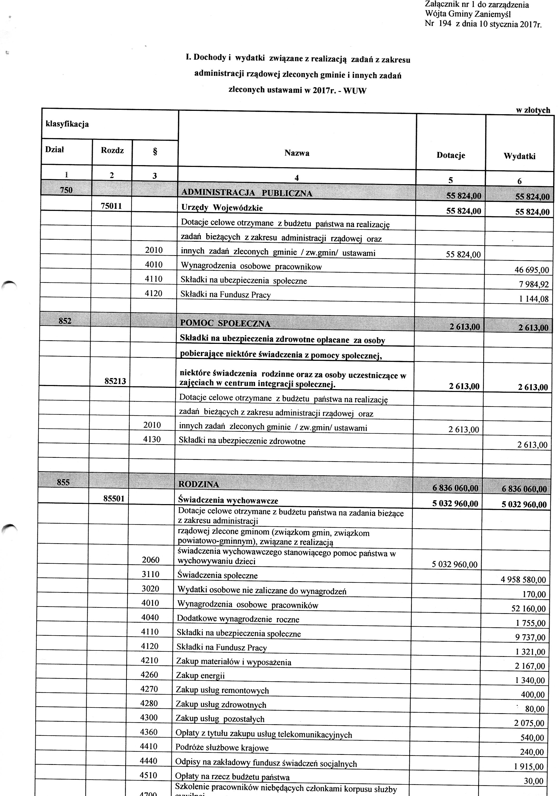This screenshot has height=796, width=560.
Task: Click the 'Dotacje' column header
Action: (450, 155)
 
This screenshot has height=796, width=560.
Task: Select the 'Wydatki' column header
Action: (519, 156)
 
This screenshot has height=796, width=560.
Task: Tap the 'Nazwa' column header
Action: (297, 153)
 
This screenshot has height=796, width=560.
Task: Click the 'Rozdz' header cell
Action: (112, 150)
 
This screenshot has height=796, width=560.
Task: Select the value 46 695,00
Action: (531, 270)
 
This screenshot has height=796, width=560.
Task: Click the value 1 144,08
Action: (534, 299)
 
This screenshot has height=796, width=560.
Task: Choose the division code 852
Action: (65, 321)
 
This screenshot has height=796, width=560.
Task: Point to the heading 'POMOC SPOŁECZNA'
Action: (225, 324)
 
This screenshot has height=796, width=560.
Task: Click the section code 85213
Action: (115, 381)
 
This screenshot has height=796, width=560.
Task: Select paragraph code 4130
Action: (152, 439)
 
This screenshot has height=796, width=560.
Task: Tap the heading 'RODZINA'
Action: (198, 484)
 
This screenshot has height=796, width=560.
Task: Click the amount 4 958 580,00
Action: (523, 580)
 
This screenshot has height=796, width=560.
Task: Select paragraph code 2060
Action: (150, 560)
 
